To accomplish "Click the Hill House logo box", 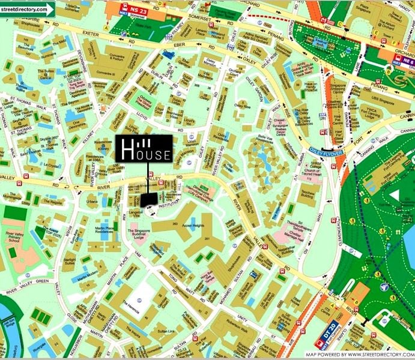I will pos(144,148).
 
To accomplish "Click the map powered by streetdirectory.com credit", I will pos(358,355).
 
